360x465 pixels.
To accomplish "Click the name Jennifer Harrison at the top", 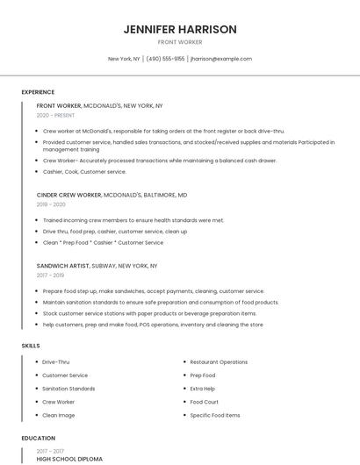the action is coord(180,29).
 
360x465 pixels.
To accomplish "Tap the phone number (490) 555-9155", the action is coord(166,59).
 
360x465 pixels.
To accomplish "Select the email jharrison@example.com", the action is coord(221,59).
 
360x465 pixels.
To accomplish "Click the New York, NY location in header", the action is coord(124,59).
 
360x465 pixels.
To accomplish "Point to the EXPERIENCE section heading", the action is coord(38,92).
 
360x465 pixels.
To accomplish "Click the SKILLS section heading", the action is coord(31,346).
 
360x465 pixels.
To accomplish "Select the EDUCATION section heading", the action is coord(38,438).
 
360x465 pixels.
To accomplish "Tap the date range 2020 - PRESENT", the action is coord(55,115).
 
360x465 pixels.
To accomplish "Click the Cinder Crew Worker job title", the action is coord(69,195).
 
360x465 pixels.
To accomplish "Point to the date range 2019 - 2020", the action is coord(51,204).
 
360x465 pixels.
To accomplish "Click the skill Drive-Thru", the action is coord(56,361).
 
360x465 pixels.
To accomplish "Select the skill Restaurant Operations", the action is coord(219,361).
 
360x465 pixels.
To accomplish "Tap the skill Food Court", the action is coord(204,402).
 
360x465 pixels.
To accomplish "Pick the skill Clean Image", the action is coord(59,415).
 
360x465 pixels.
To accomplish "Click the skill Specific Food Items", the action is coord(214,415).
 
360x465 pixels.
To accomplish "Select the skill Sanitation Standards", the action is coord(68,389).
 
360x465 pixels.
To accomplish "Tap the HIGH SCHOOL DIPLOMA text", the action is coord(69,459).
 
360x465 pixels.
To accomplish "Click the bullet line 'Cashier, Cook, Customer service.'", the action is coord(84,172).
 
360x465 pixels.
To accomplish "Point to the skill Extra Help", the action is coord(203,389).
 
